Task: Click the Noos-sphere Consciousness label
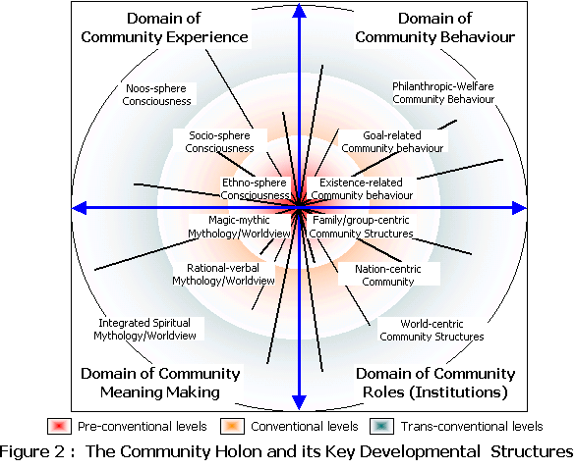tap(156, 94)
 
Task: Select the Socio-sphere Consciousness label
tap(219, 141)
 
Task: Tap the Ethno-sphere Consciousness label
tap(255, 188)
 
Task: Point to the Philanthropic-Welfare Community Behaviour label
tap(443, 93)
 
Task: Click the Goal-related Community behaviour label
tap(392, 141)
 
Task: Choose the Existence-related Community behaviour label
tap(362, 188)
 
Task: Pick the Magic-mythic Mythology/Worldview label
tap(239, 227)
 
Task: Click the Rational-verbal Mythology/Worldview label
tap(223, 275)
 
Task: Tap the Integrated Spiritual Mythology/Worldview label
tap(144, 330)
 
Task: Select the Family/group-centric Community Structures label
tap(361, 227)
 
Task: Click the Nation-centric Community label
tap(388, 275)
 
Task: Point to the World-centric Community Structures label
tap(432, 330)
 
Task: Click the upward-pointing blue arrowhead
tap(300, 11)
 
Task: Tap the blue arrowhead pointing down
tap(300, 402)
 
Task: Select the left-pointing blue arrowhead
tap(79, 208)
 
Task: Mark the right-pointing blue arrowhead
tap(519, 208)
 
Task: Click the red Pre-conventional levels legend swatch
tap(60, 427)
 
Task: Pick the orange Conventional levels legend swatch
tap(233, 427)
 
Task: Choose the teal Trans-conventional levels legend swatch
tap(382, 427)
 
